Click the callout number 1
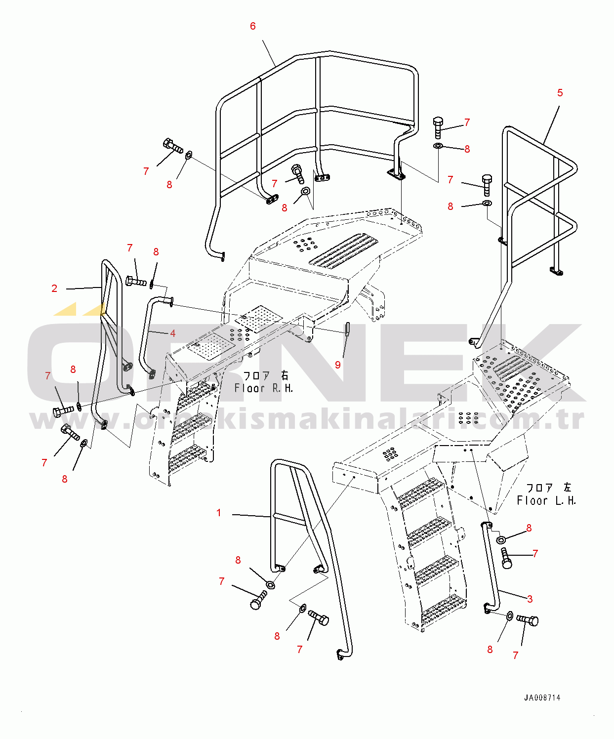[219, 513]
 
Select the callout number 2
[54, 288]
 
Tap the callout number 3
[530, 599]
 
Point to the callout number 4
[173, 333]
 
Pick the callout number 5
[560, 93]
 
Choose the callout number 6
[253, 26]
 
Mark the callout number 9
[338, 365]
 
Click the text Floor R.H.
[264, 388]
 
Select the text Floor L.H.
[546, 501]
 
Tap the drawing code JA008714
[542, 698]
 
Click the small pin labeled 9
[347, 328]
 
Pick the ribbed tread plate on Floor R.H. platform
[344, 250]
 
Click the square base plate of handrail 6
[396, 174]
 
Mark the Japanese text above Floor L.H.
[549, 488]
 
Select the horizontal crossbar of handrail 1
[288, 519]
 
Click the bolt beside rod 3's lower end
[528, 619]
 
